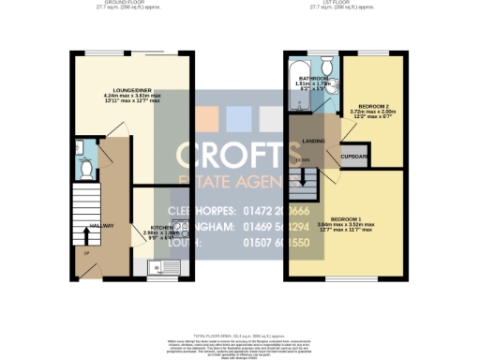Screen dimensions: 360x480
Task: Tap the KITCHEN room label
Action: (x=156, y=228)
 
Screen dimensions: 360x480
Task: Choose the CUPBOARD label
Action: (x=354, y=157)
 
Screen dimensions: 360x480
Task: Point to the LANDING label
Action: (x=312, y=141)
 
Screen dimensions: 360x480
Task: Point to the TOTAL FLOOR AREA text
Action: (x=240, y=335)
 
